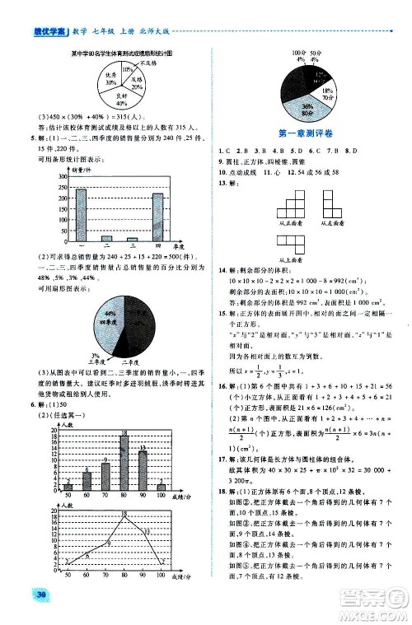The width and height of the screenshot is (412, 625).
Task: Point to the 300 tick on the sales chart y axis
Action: click(59, 176)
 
